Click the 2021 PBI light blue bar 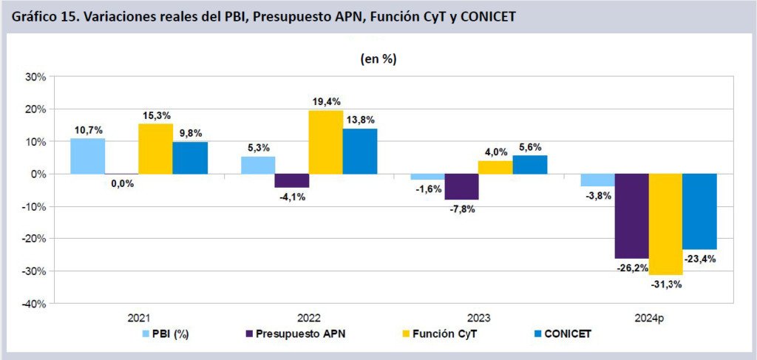tap(87, 156)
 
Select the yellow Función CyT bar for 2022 tap(326, 142)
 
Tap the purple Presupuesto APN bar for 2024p tap(631, 216)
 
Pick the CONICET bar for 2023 tap(530, 165)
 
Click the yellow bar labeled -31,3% tap(665, 224)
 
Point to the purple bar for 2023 tap(461, 186)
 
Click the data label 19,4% tap(326, 101)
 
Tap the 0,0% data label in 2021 tap(121, 184)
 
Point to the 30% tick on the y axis tap(35, 77)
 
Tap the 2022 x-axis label tap(308, 318)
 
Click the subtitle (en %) tap(378, 59)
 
